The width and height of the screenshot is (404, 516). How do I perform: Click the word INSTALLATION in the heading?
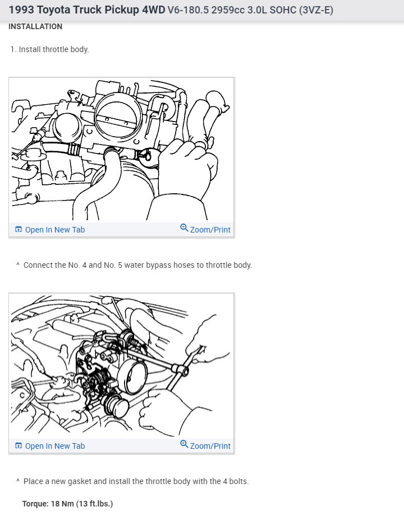point(35,27)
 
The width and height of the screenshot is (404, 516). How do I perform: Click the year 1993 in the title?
point(21,10)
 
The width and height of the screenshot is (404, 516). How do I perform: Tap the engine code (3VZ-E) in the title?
point(316,10)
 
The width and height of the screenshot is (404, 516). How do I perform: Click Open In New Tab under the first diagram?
point(55,230)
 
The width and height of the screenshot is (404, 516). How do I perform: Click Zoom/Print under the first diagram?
point(210,230)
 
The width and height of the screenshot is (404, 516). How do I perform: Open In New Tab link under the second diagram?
point(55,446)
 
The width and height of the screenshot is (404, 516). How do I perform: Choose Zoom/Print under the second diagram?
point(210,446)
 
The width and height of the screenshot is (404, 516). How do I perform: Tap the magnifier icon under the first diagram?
point(184,227)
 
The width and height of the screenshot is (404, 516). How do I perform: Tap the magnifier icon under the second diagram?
point(184,444)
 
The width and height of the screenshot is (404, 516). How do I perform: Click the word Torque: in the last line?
point(35,504)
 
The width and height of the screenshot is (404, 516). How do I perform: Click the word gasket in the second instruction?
point(80,481)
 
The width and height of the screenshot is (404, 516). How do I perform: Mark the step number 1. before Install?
point(13,50)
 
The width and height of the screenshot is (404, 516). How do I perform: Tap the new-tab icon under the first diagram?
point(19,230)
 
